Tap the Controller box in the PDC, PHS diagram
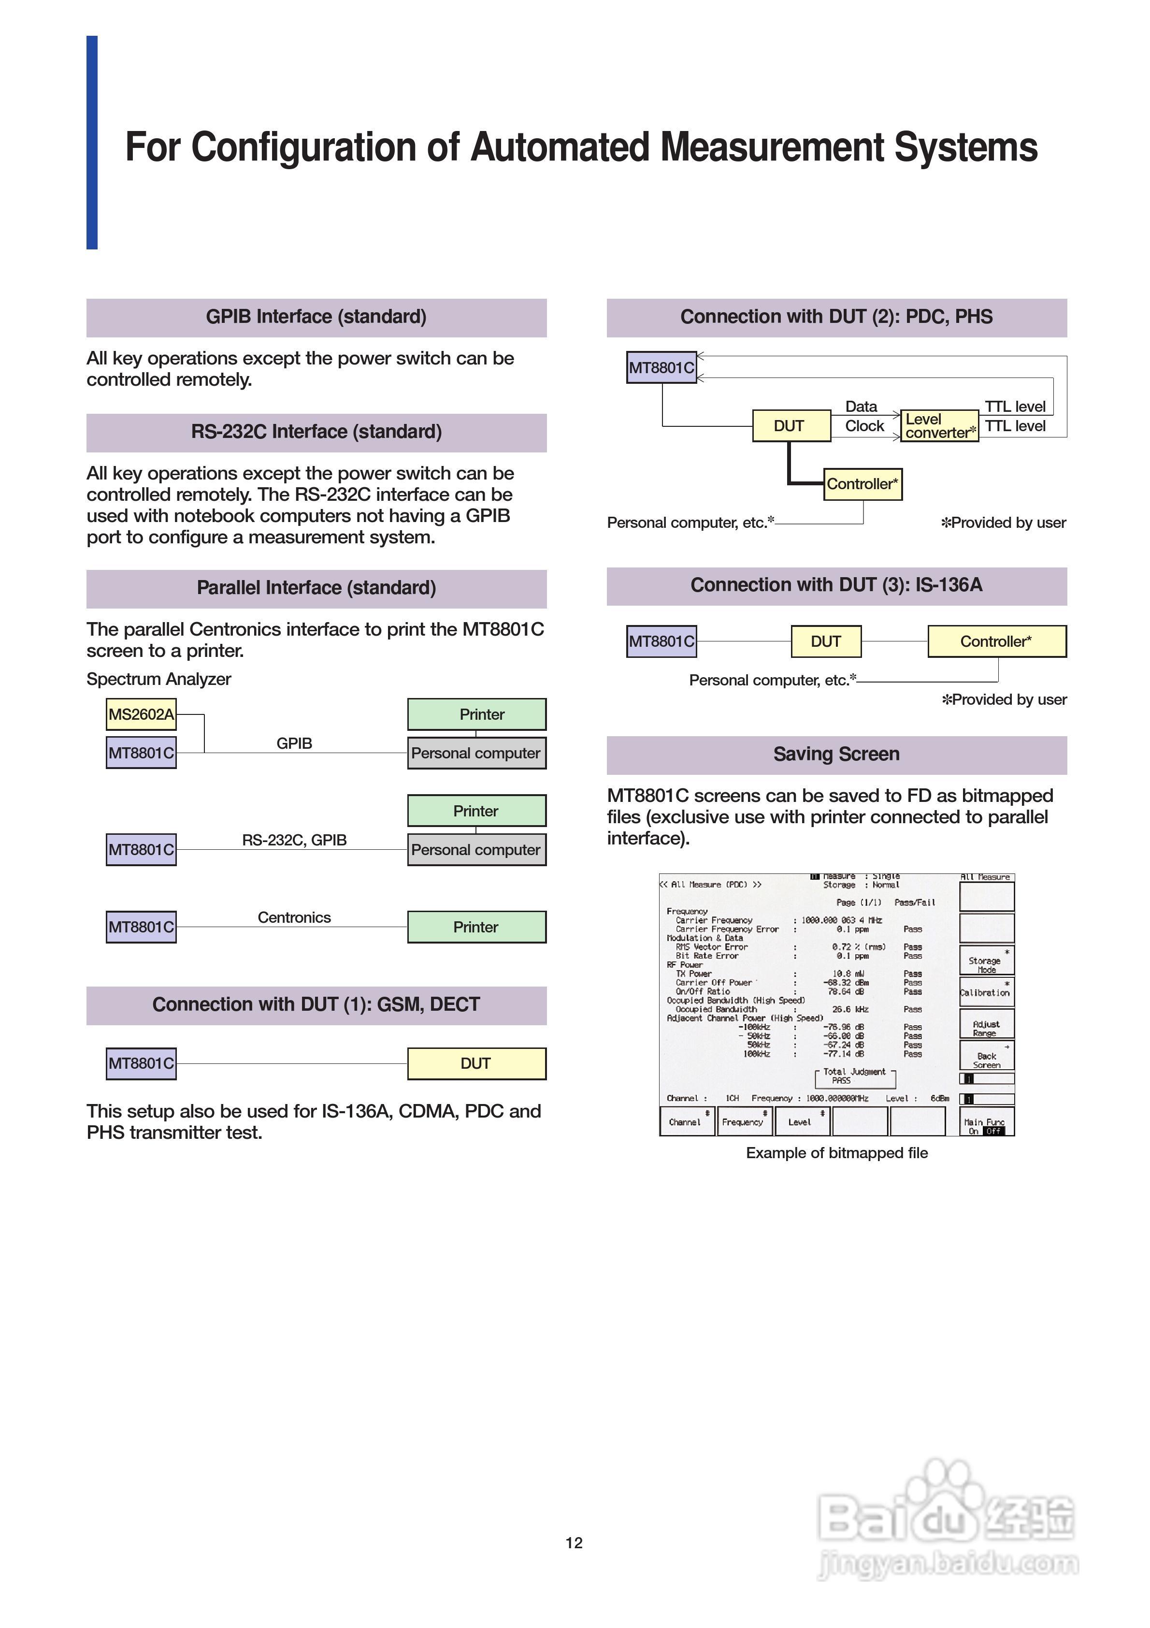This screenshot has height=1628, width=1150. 862,484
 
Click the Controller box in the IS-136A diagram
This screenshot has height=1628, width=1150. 996,642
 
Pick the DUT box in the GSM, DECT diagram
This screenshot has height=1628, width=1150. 476,1063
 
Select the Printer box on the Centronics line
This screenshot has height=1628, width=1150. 476,928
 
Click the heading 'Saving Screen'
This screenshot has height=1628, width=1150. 836,755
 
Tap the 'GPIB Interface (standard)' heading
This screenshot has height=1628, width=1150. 316,317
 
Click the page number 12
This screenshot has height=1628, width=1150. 575,1543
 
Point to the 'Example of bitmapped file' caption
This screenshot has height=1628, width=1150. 836,1153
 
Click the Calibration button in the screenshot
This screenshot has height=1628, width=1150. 986,992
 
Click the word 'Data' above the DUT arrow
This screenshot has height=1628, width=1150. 861,407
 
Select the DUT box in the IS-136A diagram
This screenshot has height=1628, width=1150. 826,642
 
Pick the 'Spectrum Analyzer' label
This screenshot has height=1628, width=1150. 159,679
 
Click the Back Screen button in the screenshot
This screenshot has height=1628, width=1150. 986,1060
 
